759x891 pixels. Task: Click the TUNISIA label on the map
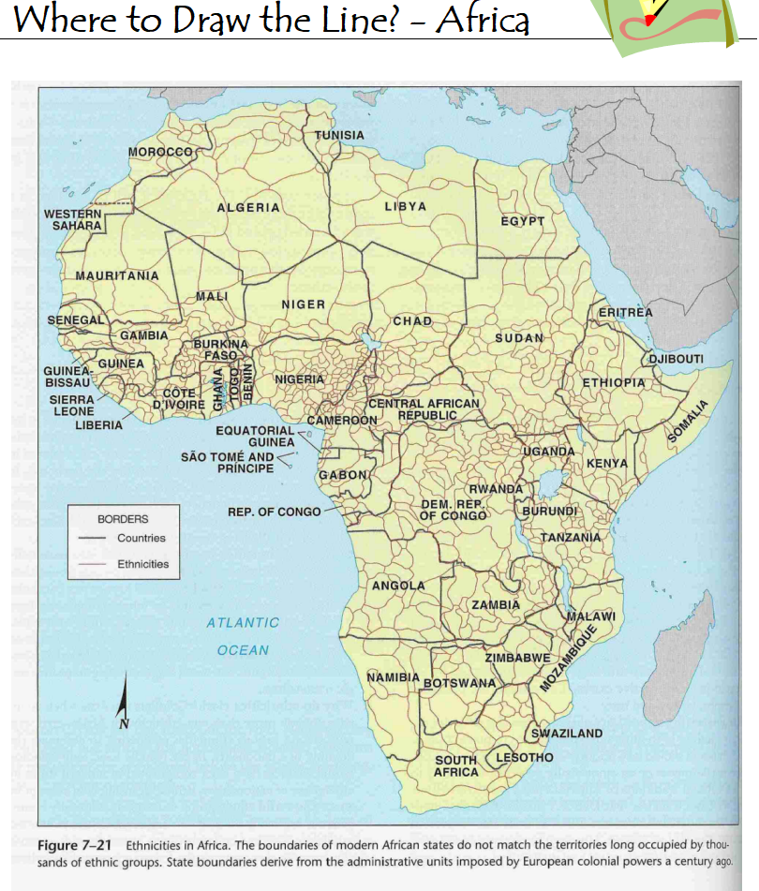click(x=339, y=135)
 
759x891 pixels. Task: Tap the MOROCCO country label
click(x=160, y=151)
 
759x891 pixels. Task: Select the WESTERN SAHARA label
click(x=71, y=220)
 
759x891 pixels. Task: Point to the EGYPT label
click(x=522, y=221)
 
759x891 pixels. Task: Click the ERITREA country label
click(x=625, y=311)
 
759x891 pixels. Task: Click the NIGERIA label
click(x=299, y=379)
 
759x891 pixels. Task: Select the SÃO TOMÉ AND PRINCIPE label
click(x=228, y=463)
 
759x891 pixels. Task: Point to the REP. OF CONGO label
click(x=274, y=512)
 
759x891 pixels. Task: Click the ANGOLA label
click(x=398, y=586)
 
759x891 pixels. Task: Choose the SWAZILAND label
click(x=568, y=734)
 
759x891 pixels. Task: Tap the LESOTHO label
click(x=524, y=757)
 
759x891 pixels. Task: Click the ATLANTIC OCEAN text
click(x=243, y=636)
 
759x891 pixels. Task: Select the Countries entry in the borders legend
click(x=141, y=538)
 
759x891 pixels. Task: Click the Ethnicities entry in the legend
click(x=142, y=564)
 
